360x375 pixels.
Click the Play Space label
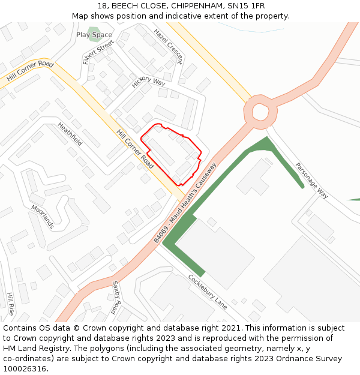click(94, 35)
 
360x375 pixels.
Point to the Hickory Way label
click(148, 82)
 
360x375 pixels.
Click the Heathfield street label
click(70, 134)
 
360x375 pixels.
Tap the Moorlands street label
click(43, 217)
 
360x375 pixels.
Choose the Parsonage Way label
click(311, 180)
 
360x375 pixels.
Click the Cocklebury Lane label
click(208, 292)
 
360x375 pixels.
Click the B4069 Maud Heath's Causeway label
click(184, 202)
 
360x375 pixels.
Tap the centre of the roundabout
click(260, 111)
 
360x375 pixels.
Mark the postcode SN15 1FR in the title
click(247, 6)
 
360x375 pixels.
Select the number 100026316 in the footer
click(25, 369)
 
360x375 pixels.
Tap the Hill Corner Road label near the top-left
click(30, 71)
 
